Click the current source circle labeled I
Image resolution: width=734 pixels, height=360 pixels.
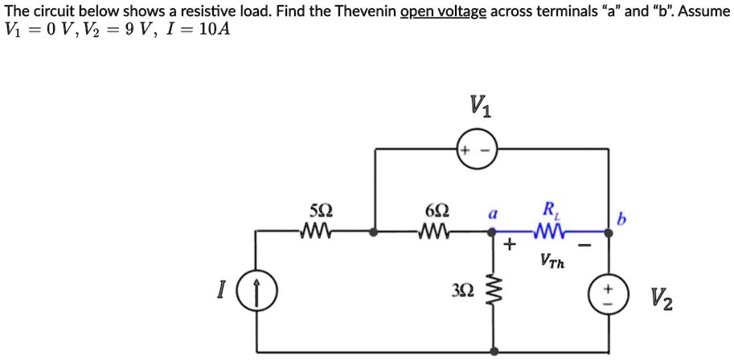pyautogui.click(x=257, y=292)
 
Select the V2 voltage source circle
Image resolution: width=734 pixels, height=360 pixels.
pyautogui.click(x=607, y=294)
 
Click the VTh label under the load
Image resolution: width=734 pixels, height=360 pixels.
pyautogui.click(x=552, y=260)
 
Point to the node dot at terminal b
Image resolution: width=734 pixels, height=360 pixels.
pyautogui.click(x=607, y=233)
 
